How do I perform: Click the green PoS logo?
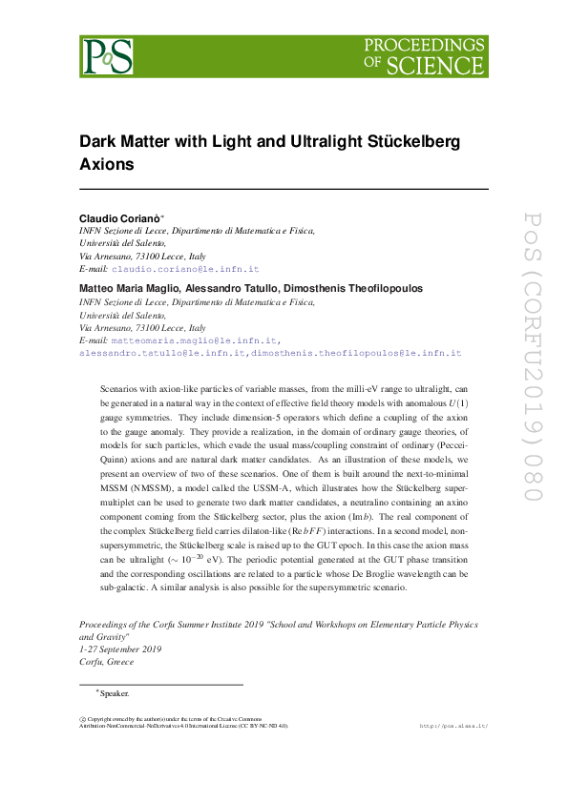pyautogui.click(x=106, y=56)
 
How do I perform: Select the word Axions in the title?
pyautogui.click(x=107, y=163)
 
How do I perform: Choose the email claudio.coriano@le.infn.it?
pyautogui.click(x=185, y=270)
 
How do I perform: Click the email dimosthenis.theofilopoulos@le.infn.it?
pyautogui.click(x=356, y=353)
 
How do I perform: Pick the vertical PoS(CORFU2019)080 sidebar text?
pyautogui.click(x=532, y=357)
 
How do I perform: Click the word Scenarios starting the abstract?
pyautogui.click(x=119, y=390)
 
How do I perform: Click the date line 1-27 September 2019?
pyautogui.click(x=120, y=649)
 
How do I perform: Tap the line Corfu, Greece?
pyautogui.click(x=106, y=662)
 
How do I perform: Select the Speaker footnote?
pyautogui.click(x=115, y=693)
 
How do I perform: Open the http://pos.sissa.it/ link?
pyautogui.click(x=453, y=726)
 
